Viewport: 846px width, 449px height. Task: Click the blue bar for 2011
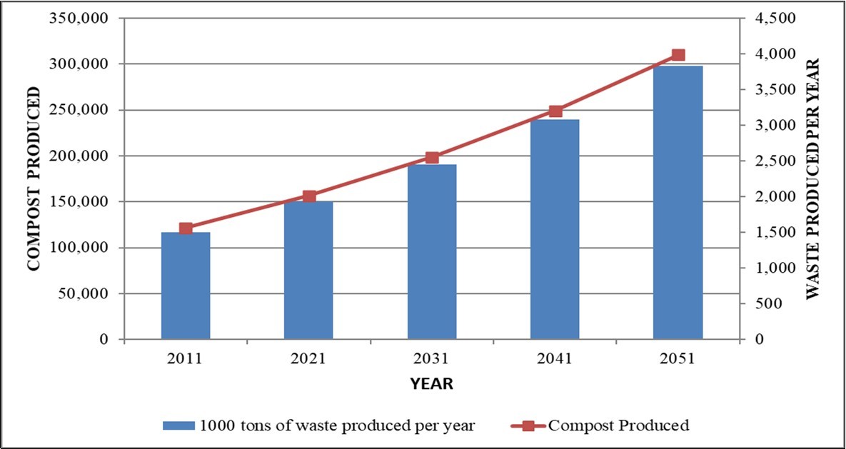(186, 286)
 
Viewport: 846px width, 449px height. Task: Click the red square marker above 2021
(309, 196)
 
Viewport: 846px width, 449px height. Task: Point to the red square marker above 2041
(555, 111)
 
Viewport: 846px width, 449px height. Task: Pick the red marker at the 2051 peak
(678, 55)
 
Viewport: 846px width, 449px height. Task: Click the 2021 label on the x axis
(308, 359)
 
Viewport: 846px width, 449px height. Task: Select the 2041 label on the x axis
(555, 359)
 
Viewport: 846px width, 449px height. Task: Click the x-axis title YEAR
(431, 384)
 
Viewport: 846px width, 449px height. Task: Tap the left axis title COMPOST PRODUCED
(32, 178)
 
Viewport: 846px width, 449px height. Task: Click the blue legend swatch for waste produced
(178, 426)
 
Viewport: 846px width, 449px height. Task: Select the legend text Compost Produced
(618, 426)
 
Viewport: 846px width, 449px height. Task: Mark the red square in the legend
(528, 426)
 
